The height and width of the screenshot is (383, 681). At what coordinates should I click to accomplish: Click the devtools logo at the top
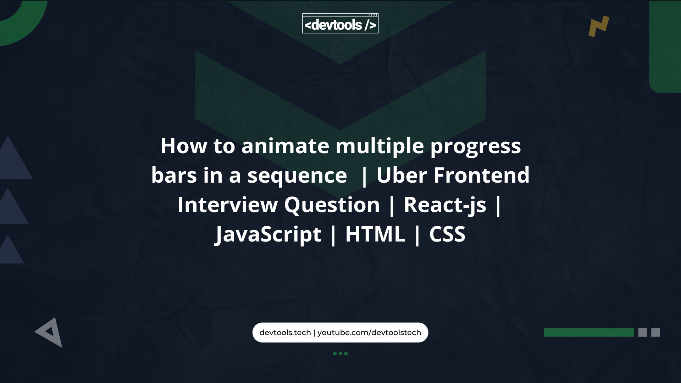pos(340,24)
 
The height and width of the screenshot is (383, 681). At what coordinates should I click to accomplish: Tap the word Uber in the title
pos(402,175)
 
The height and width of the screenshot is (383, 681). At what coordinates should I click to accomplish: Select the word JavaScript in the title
pos(268,234)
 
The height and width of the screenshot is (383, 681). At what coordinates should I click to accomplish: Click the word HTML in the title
pos(375,234)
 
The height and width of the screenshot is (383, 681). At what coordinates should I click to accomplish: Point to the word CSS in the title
pos(447,234)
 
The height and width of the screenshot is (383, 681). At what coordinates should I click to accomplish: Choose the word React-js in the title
pos(445,205)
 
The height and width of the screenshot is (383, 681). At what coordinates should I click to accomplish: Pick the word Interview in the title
pos(227,205)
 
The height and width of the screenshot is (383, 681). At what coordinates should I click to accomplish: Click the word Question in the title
pos(332,205)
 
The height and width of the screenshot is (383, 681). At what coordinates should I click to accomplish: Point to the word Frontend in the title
pos(481,175)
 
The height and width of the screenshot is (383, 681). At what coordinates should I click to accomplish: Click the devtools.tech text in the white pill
pos(285,333)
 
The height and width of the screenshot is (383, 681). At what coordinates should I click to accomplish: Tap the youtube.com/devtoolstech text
pos(369,333)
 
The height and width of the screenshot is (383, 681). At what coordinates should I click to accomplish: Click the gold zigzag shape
pos(599,26)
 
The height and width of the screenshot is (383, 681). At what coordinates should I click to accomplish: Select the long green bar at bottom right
pos(589,333)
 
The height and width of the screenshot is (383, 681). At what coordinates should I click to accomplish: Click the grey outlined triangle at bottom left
pos(50,332)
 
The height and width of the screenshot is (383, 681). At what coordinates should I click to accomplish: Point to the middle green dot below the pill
pos(340,354)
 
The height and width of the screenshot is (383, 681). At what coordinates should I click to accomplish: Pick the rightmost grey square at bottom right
pos(655,333)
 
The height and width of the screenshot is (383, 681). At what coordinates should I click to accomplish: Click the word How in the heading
pos(183,146)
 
